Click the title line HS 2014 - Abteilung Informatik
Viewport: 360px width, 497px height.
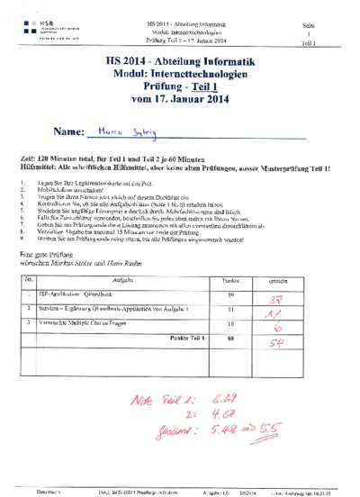click(180, 61)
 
